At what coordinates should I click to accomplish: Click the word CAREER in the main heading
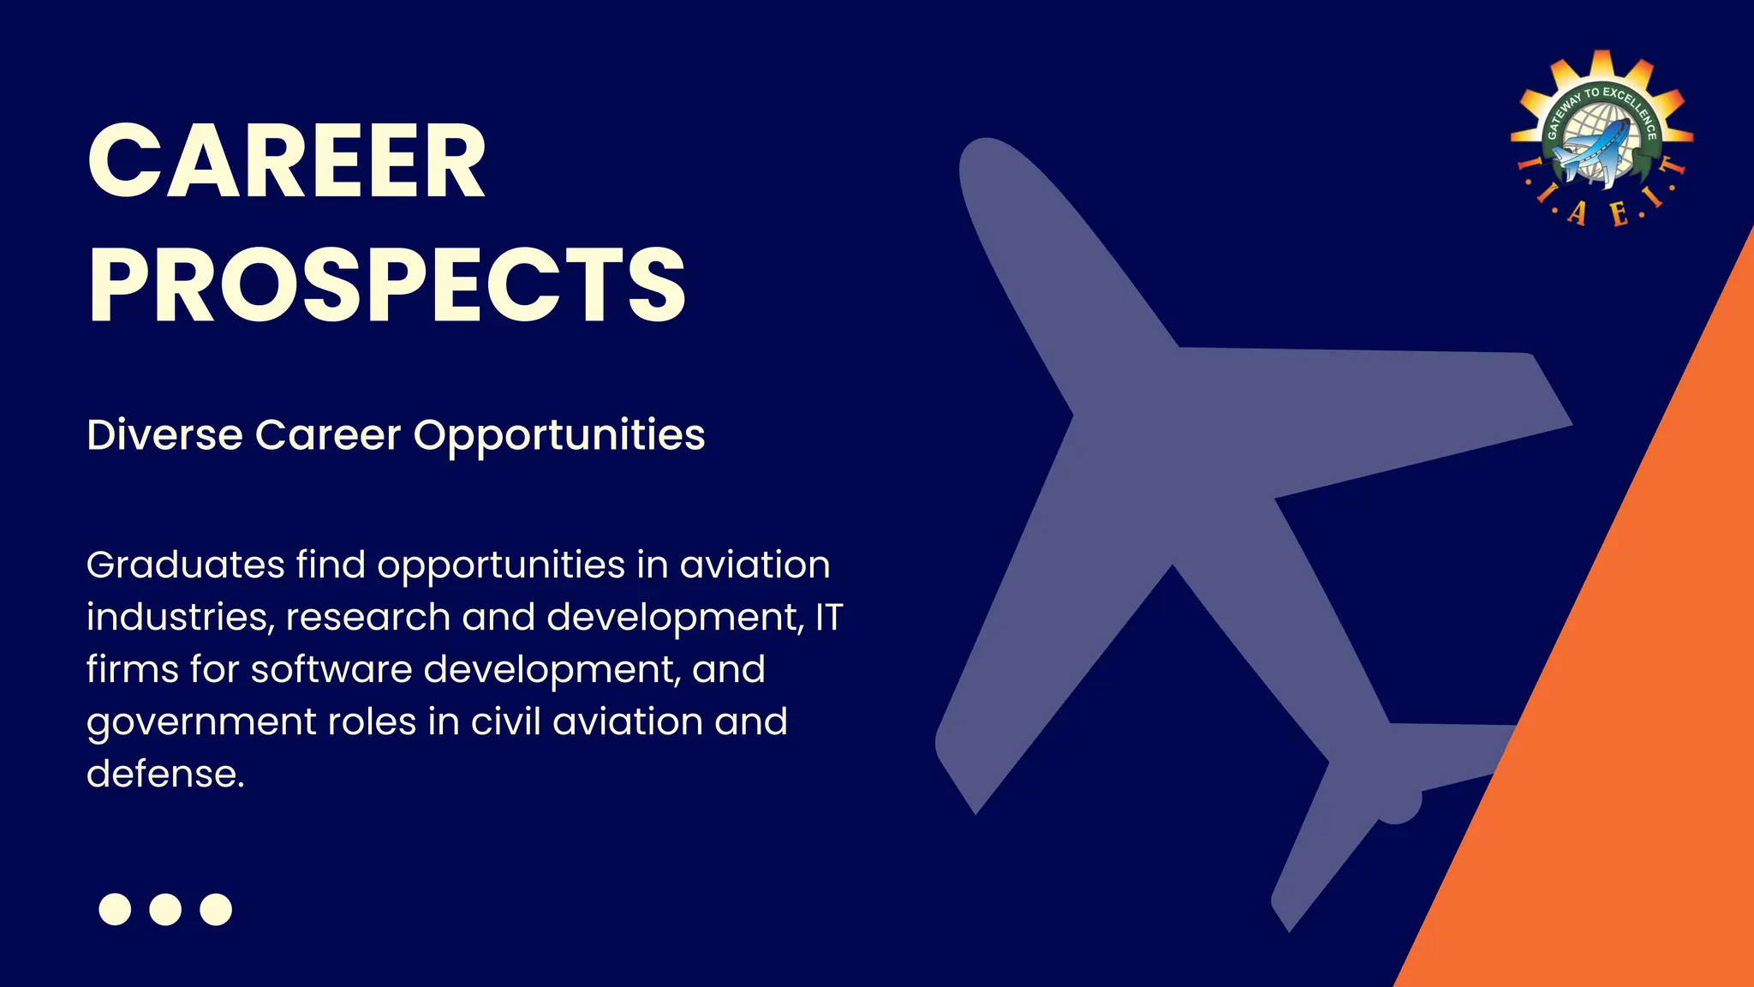[287, 162]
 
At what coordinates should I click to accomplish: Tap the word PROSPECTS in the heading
[386, 284]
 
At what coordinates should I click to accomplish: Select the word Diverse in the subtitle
[164, 434]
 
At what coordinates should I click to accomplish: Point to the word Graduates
[185, 565]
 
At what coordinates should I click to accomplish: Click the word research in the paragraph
[367, 617]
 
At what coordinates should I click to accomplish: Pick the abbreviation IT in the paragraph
[828, 617]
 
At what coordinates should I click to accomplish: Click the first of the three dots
[115, 909]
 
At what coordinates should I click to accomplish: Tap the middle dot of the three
[165, 909]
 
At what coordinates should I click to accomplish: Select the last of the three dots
[216, 909]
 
